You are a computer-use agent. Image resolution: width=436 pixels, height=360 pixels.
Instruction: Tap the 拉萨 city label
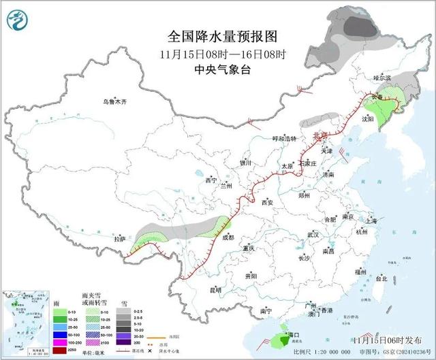120,239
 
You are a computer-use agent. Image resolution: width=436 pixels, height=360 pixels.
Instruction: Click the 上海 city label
371,220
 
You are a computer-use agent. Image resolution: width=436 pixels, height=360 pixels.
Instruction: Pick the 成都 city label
228,238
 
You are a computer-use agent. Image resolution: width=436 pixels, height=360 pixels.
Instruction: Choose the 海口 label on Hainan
294,336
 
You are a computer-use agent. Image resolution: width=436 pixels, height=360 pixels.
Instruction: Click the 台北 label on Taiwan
381,279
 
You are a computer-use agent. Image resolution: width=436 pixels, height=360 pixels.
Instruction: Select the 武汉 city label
313,234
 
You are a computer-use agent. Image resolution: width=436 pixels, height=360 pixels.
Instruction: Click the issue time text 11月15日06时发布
384,338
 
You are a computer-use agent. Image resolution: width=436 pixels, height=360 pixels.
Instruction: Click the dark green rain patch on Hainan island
280,339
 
